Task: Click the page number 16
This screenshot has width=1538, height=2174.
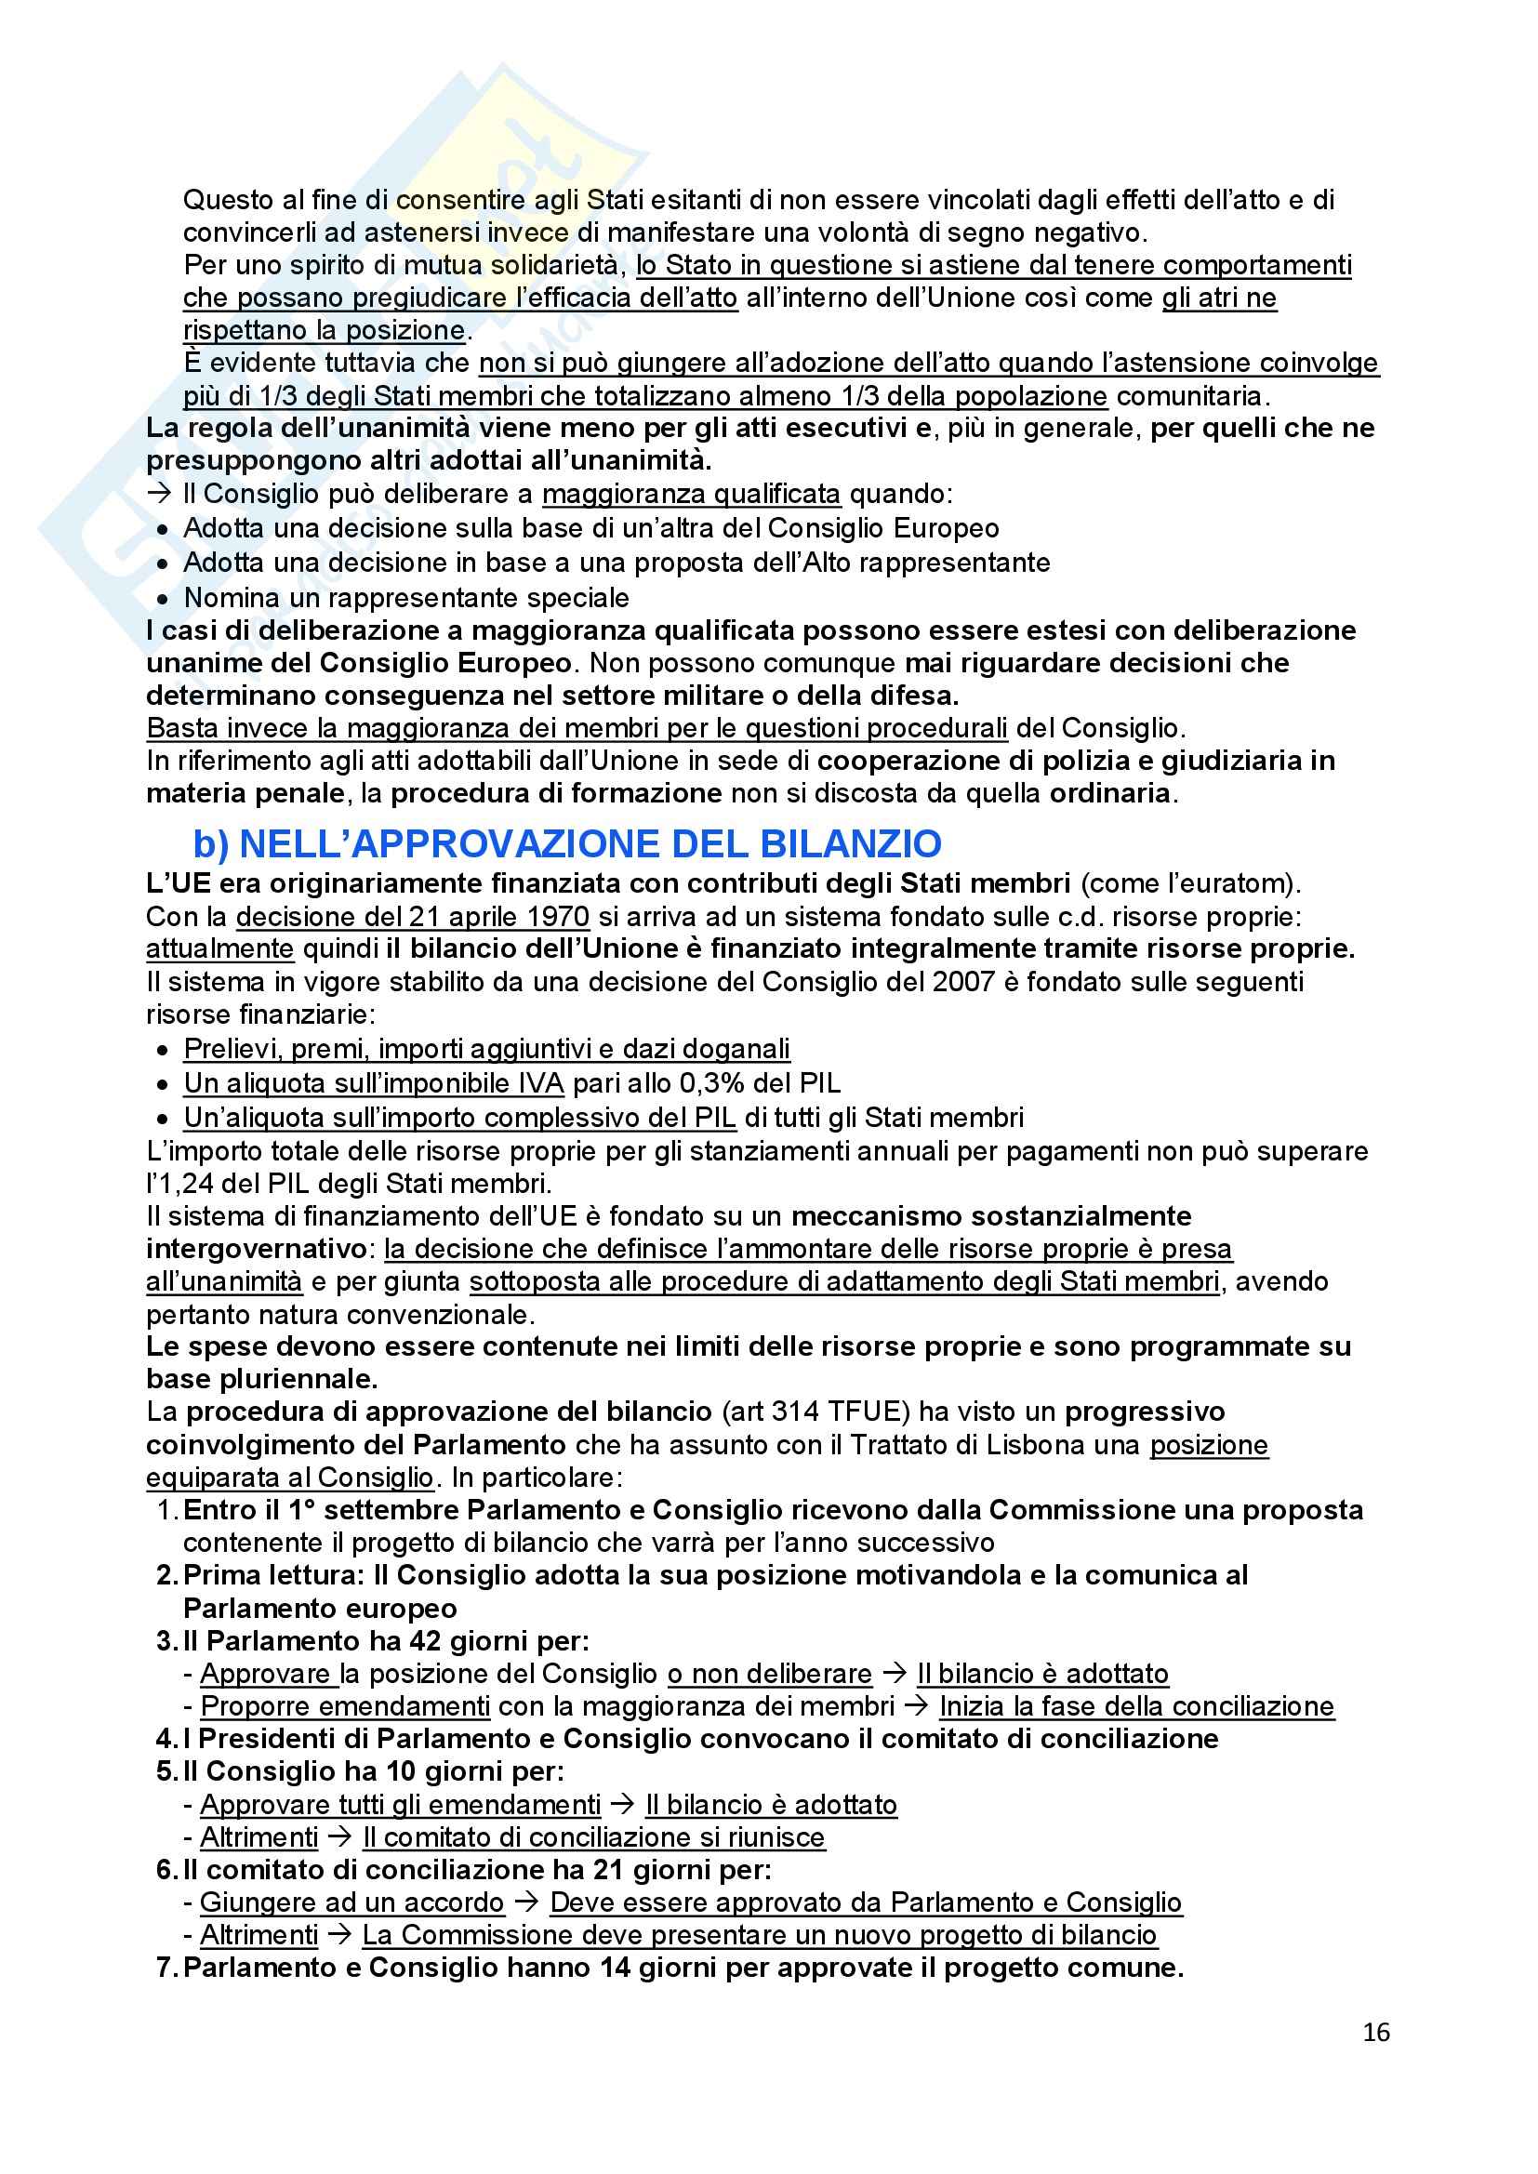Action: (1375, 2033)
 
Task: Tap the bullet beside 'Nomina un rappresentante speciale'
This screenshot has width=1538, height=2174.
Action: (164, 600)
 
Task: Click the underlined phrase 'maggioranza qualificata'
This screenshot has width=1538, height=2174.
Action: (690, 495)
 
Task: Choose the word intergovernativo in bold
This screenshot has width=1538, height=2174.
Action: (255, 1249)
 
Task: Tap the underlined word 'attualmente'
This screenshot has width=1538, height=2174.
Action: (219, 948)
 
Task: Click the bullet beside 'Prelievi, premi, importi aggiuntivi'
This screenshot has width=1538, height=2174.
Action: (164, 1050)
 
